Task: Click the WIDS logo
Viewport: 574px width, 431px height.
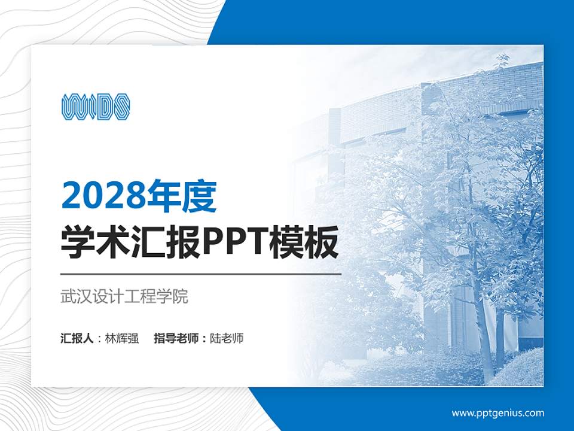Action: [x=96, y=107]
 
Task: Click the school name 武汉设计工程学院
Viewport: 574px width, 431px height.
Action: [x=124, y=296]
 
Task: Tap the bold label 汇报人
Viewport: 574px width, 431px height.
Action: [x=77, y=338]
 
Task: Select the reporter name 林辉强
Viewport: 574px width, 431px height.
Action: [x=122, y=338]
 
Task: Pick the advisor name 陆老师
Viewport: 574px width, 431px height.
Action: [x=227, y=338]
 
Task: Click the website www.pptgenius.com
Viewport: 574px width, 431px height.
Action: [x=497, y=413]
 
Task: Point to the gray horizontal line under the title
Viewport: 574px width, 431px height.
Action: [x=201, y=274]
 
